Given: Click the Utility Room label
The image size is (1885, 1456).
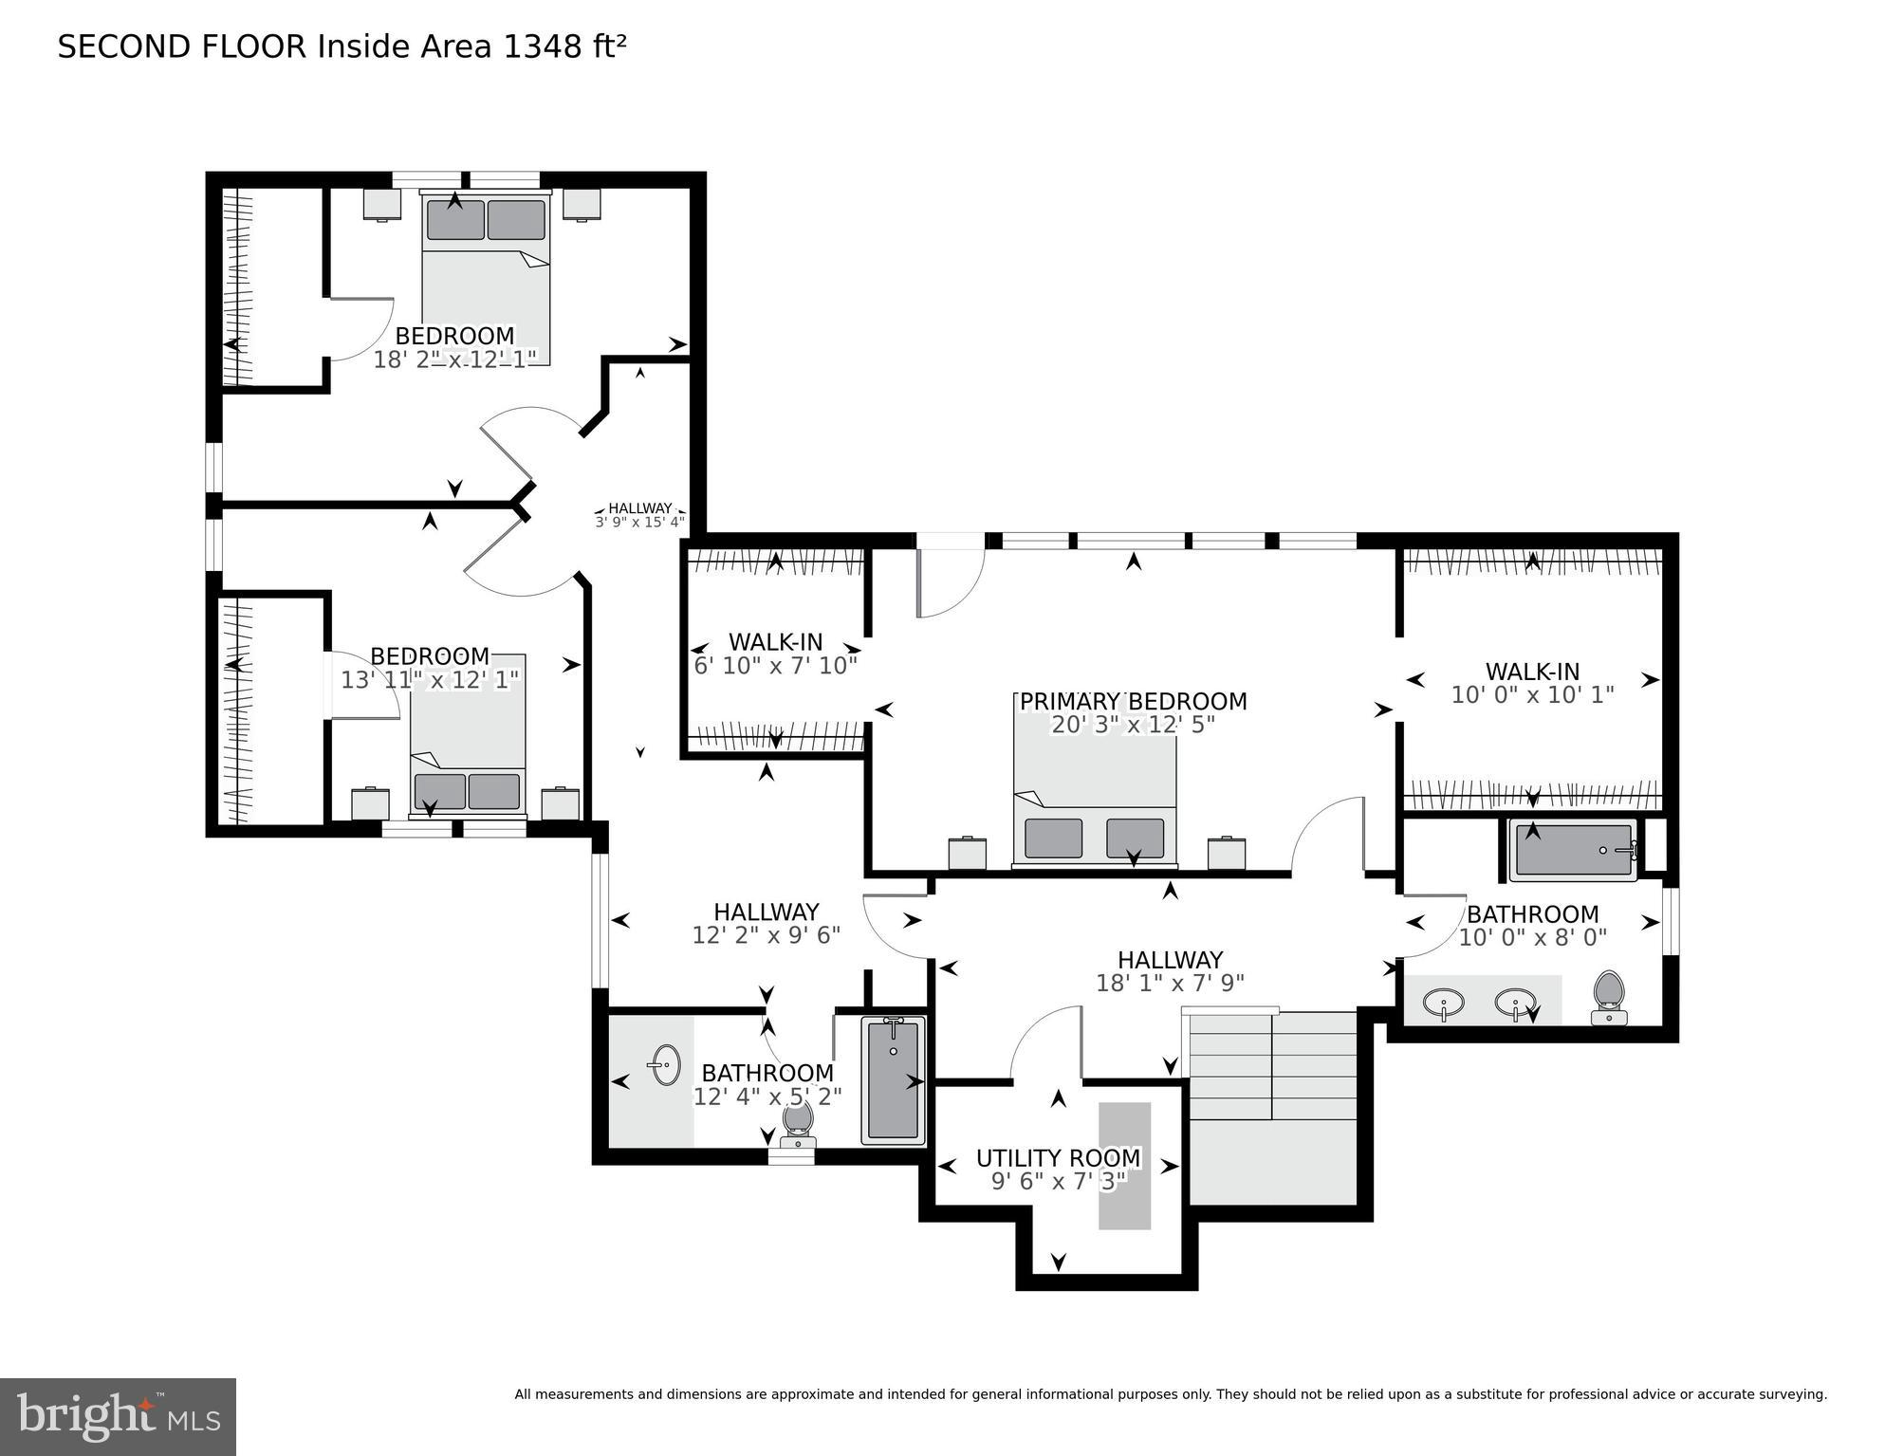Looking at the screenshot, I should [1058, 1158].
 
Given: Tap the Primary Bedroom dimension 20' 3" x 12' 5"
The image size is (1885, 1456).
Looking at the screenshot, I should [1133, 726].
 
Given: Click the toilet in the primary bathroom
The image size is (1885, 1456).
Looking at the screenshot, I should [1609, 997].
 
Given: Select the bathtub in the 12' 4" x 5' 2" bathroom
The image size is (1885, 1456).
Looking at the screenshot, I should [893, 1080].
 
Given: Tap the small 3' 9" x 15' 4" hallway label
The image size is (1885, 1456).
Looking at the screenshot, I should [639, 515].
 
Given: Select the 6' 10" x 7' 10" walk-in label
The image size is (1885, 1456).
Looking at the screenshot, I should [775, 642].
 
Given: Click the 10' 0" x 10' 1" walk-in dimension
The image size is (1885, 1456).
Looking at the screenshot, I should [1532, 695].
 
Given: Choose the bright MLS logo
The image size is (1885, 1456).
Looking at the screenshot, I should [118, 1416].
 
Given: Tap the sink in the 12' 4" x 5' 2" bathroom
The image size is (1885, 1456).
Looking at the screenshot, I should [666, 1065].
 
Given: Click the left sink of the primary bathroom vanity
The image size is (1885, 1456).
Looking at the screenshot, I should [1443, 1002].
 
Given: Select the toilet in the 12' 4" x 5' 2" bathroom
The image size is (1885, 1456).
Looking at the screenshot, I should [799, 1120].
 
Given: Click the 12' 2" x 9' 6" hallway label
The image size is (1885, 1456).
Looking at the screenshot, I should [766, 912].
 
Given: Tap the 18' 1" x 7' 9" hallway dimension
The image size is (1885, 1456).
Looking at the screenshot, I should [1170, 984].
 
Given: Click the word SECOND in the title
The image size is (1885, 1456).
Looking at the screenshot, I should [124, 46].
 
